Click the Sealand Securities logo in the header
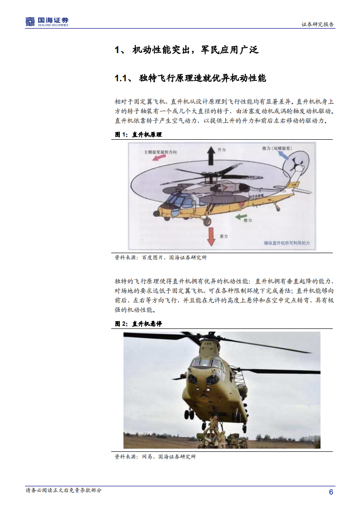pos(47,21)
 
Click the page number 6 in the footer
pos(331,492)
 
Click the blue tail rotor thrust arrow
pos(278,156)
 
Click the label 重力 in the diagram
pos(223,236)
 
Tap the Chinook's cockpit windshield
pos(208,363)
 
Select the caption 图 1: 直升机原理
pos(138,135)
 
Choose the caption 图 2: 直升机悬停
pos(138,324)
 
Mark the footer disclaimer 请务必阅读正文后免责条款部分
pos(64,490)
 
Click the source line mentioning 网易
pos(155,457)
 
